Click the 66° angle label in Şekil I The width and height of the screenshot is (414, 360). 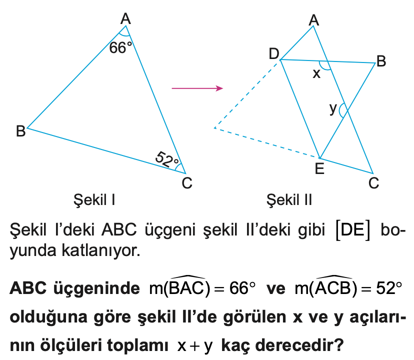coord(121,48)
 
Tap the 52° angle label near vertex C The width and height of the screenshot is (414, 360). coord(167,160)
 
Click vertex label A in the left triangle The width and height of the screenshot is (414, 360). coord(125,19)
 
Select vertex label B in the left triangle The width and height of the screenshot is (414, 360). coord(20,131)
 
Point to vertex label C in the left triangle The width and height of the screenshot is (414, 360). coord(187,184)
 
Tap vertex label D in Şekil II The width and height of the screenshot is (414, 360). coord(273,53)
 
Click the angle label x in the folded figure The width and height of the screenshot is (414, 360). coord(316,74)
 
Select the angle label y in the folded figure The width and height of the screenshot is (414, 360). coord(333,108)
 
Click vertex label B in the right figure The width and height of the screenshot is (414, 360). coord(381,61)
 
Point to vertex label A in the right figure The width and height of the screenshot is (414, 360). coord(314,19)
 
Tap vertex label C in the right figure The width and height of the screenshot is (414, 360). coord(373,184)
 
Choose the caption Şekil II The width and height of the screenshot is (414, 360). coord(289,201)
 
